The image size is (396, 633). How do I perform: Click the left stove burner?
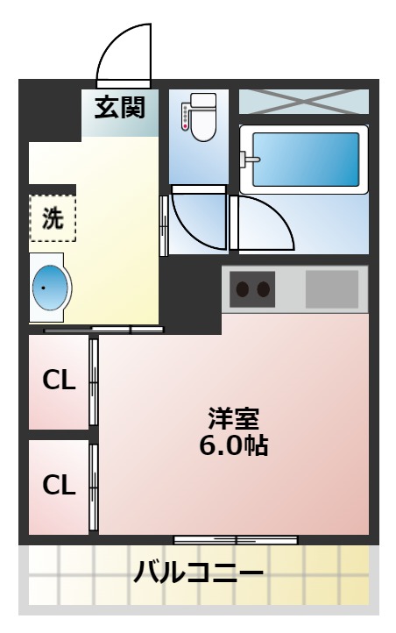tap(242, 289)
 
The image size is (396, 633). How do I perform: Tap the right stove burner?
tap(262, 289)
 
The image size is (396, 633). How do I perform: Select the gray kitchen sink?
tap(331, 288)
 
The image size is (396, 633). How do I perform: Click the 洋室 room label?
tap(233, 418)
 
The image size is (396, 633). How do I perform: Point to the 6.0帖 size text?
tap(233, 445)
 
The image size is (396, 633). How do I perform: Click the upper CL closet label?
tap(60, 381)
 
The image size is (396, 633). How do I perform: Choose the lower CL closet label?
tap(60, 485)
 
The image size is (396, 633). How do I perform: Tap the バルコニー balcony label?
tap(198, 575)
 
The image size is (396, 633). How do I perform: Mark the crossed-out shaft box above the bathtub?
tap(304, 101)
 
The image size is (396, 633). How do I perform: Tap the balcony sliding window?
tap(236, 539)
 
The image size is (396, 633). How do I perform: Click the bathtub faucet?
tap(251, 160)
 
